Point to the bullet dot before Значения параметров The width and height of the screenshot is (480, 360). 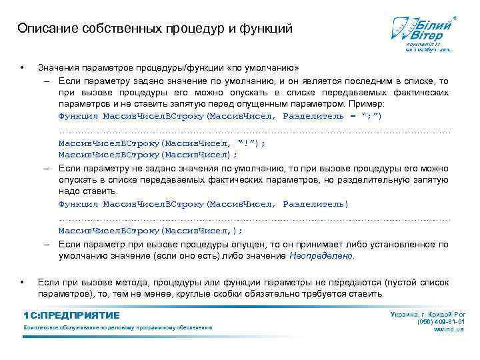[22, 68]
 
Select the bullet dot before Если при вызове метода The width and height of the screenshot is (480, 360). [22, 282]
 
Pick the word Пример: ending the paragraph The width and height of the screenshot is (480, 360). [376, 105]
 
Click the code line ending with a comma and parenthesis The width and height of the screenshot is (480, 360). [151, 231]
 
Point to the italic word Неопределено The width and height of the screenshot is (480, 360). [323, 255]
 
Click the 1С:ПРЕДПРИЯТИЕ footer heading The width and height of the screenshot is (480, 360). [71, 315]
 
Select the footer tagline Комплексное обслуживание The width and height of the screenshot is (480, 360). [117, 328]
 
